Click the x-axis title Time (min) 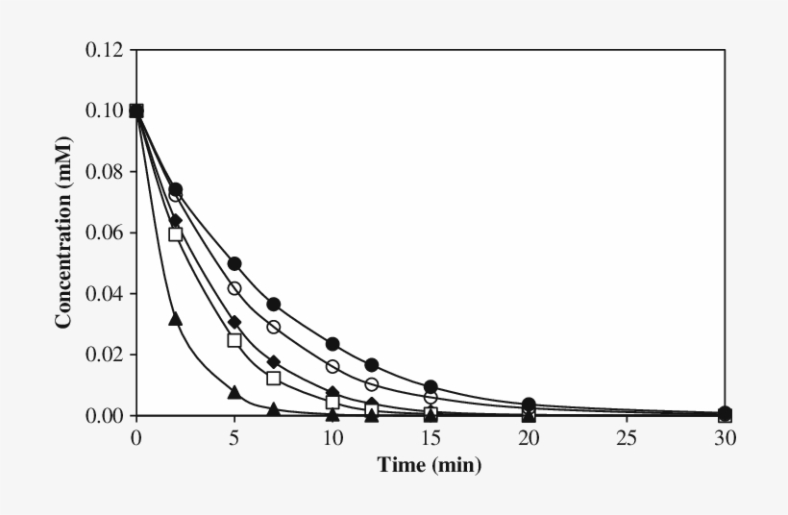(429, 465)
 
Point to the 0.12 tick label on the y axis (104, 49)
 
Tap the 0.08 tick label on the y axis (104, 171)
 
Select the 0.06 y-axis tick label (104, 233)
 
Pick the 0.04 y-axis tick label (104, 293)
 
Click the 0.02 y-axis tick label (104, 355)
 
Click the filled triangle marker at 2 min (175, 318)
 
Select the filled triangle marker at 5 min (234, 392)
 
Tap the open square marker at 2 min (175, 233)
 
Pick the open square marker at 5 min (234, 339)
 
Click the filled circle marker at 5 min (234, 263)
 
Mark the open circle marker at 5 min (234, 288)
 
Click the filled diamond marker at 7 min (273, 361)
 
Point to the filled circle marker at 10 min (332, 344)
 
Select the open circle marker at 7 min (273, 327)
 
